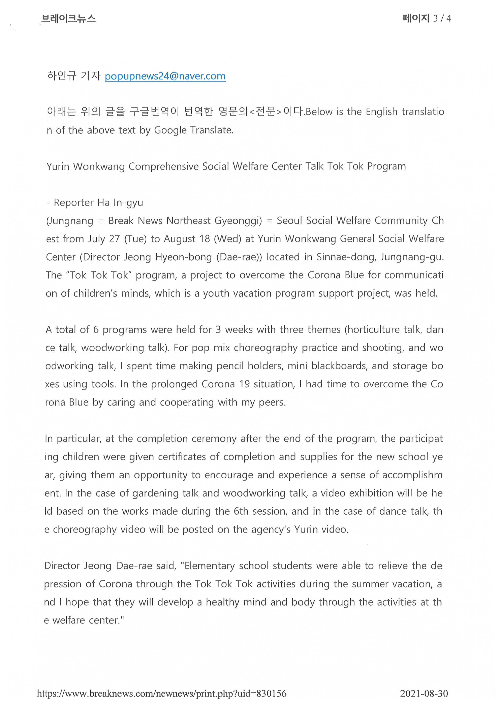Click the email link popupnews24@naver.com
[165, 76]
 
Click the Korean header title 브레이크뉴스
[68, 19]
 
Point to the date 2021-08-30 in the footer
[424, 693]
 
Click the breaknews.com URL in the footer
[162, 693]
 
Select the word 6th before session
[241, 511]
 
